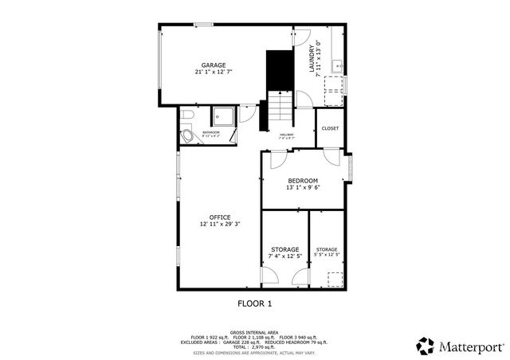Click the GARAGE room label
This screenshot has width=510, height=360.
click(x=213, y=65)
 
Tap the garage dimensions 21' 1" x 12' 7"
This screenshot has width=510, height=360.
click(x=213, y=72)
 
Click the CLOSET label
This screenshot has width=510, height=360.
click(x=330, y=128)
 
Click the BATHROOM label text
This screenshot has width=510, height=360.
click(x=210, y=132)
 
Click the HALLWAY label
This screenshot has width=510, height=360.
click(x=286, y=135)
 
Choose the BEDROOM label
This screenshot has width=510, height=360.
click(x=302, y=181)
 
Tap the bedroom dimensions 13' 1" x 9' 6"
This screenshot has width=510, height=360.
click(x=302, y=189)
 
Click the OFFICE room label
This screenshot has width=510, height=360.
click(x=220, y=217)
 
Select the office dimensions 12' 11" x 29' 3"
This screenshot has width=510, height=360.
click(x=220, y=225)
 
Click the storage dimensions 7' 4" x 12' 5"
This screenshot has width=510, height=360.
click(x=284, y=256)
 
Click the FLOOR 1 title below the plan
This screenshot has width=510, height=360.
click(x=255, y=303)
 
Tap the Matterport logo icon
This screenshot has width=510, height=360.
click(x=426, y=346)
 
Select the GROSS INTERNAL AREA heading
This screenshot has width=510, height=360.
click(x=254, y=333)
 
